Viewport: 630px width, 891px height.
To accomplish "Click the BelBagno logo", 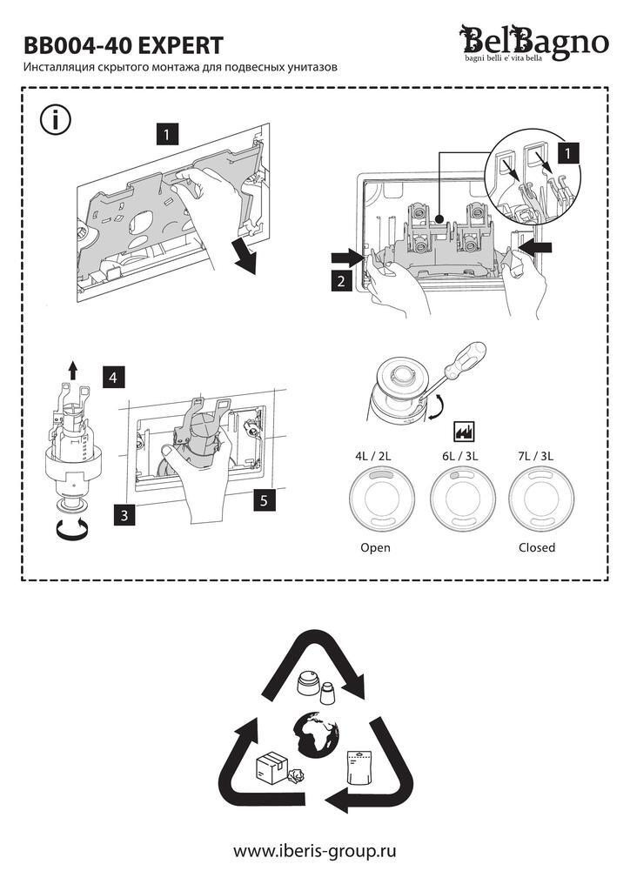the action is (x=533, y=44).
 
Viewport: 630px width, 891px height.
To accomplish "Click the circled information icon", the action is (x=56, y=120).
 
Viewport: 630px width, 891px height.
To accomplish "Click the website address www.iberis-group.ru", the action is (x=315, y=851).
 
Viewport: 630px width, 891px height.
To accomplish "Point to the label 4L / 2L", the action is (x=373, y=456).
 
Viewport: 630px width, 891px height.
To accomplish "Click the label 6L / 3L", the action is (x=459, y=456).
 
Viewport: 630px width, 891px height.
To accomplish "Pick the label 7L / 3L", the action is (x=536, y=456).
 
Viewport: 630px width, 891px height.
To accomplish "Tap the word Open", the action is (x=376, y=548).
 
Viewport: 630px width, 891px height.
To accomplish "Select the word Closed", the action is (x=537, y=548).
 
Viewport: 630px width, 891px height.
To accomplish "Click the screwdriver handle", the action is (x=466, y=360).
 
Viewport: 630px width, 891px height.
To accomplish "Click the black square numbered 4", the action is (x=114, y=378).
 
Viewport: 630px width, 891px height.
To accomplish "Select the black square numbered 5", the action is (x=265, y=500).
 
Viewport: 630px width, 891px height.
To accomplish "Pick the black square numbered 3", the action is (x=124, y=515).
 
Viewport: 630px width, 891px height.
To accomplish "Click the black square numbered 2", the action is (x=341, y=281).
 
